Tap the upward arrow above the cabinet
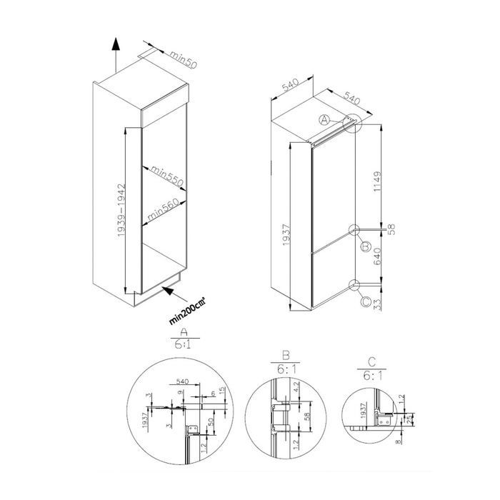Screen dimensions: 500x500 click(x=114, y=50)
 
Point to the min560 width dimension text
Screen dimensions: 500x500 click(x=163, y=209)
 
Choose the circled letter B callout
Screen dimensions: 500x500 click(x=364, y=246)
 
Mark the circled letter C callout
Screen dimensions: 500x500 click(x=366, y=301)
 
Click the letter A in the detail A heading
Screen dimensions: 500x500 click(x=184, y=332)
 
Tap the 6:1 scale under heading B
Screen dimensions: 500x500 click(x=284, y=369)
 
